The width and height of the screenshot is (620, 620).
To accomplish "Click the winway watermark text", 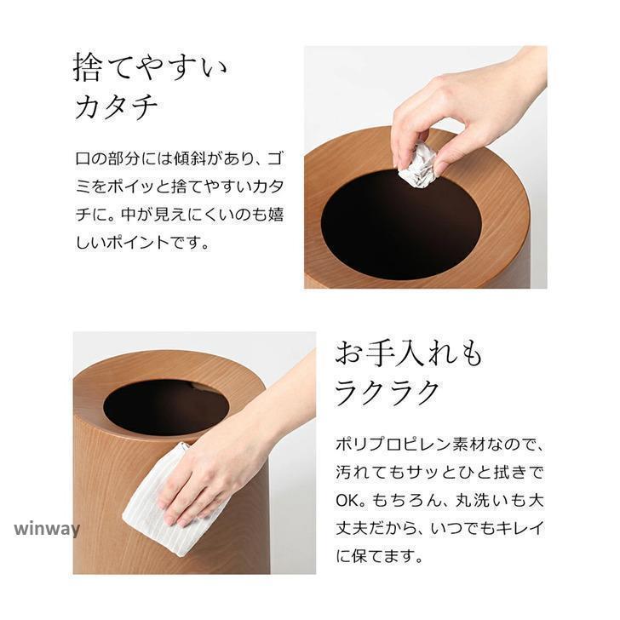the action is pos(47,529).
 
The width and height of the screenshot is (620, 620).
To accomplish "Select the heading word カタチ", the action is pos(116,106).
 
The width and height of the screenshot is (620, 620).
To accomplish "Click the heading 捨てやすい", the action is pos(150,68).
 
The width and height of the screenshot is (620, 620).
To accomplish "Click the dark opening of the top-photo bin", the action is pos(401,225).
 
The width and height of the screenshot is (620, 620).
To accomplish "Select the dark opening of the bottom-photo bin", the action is pos(166,408).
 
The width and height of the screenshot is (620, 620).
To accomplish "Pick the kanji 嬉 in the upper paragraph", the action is pos(276,215).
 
